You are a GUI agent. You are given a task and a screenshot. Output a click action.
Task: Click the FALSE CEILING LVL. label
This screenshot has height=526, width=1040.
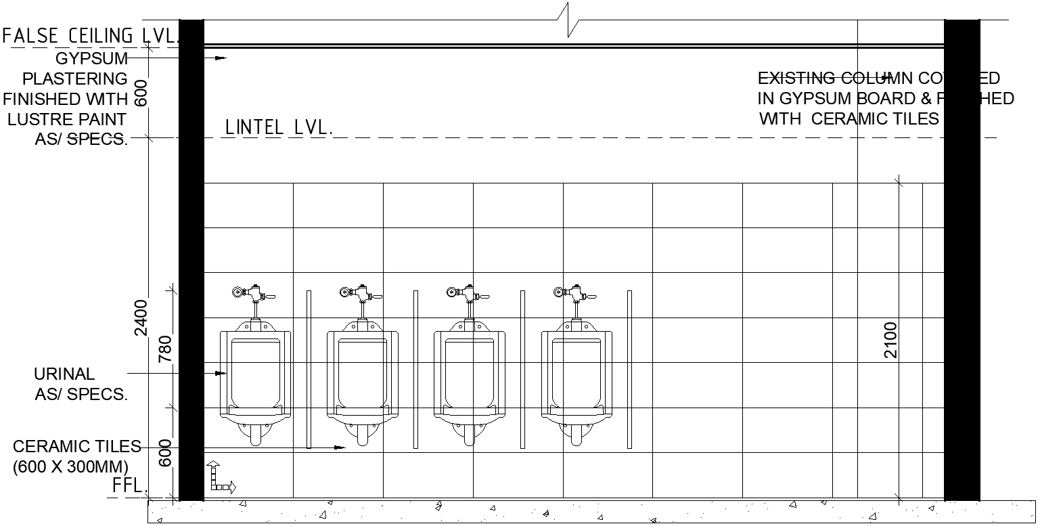[91, 35]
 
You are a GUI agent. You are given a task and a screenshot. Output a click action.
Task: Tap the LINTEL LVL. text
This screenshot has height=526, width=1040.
[279, 127]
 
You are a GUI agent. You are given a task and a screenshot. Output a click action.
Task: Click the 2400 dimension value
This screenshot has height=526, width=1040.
[141, 317]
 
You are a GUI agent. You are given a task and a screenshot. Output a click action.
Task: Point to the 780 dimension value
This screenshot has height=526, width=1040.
[166, 349]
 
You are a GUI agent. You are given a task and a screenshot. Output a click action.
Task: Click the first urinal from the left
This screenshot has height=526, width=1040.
[255, 379]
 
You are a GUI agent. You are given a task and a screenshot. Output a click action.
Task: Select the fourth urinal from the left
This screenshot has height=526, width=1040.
[576, 379]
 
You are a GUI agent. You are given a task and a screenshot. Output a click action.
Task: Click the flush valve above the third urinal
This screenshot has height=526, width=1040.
[467, 294]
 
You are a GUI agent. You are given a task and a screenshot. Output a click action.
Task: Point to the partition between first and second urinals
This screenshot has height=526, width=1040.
[309, 369]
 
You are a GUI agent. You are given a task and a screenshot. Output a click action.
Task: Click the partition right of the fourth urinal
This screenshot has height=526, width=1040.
[629, 369]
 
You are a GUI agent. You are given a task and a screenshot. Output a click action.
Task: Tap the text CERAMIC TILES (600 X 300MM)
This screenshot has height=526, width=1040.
[76, 456]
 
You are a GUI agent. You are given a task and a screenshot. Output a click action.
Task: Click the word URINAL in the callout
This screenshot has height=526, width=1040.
[64, 374]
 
